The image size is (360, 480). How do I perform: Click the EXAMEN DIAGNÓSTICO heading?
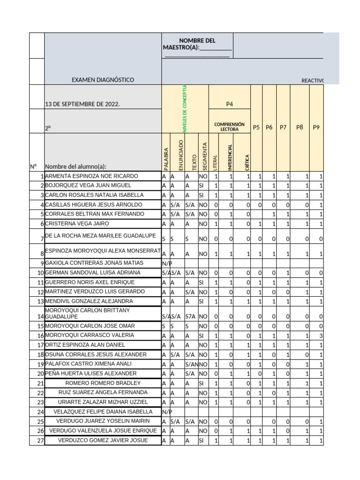pos(103,80)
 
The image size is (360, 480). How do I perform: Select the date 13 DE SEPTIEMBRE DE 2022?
pos(82,104)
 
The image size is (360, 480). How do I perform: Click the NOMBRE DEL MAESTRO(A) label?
pos(197,45)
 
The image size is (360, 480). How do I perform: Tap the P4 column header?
pos(230,104)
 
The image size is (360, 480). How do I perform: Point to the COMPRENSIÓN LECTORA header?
pos(230,127)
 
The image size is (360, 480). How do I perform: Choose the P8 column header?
pos(300,127)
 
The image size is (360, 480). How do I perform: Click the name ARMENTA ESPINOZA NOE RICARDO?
pos(91,176)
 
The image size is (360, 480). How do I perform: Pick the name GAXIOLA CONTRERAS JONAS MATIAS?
pos(94,263)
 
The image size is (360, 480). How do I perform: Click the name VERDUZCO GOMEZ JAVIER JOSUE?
pos(103,440)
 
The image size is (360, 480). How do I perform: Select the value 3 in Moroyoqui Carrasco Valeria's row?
pos(321,336)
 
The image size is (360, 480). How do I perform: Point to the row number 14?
pos(40,317)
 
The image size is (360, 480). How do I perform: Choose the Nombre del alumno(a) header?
pos(75,166)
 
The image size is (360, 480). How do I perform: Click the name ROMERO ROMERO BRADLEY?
pos(103,383)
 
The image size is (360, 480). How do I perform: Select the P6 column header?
pos(269,127)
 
